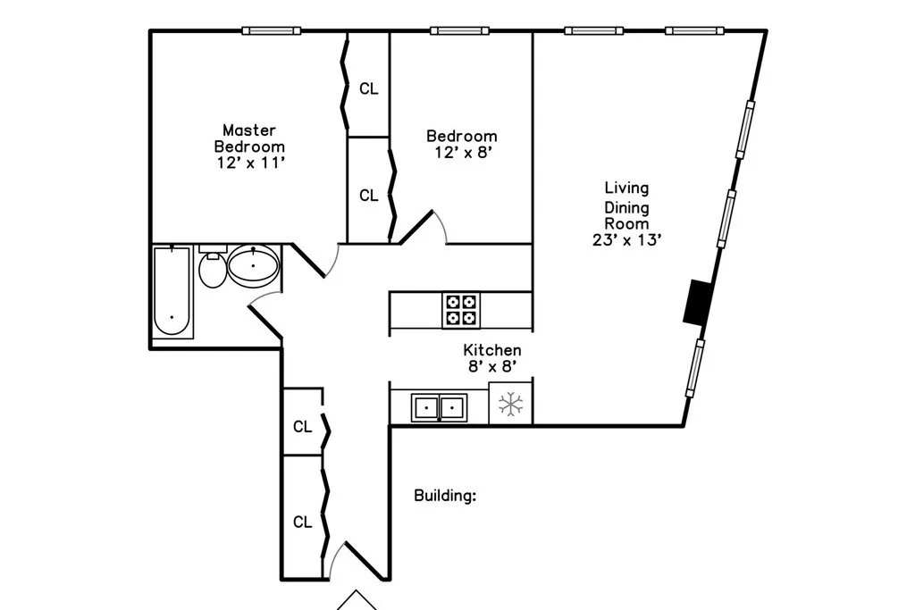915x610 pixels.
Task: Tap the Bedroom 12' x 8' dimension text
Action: click(461, 152)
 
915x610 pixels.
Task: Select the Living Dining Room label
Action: click(626, 205)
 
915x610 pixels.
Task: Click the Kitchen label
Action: click(491, 350)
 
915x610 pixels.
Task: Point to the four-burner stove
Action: click(460, 310)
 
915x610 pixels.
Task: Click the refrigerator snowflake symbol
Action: click(510, 405)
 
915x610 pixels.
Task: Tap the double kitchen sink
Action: click(439, 408)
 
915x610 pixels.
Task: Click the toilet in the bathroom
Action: click(213, 269)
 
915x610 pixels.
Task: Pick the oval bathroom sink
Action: click(254, 265)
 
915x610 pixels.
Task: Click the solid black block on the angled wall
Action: click(696, 302)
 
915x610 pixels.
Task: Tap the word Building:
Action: click(444, 496)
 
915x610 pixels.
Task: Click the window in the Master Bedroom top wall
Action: click(271, 31)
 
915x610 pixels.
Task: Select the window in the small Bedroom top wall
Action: click(459, 31)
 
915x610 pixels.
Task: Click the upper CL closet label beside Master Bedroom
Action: click(368, 88)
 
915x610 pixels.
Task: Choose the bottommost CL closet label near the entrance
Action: click(303, 522)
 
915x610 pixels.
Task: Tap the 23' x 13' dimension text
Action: click(625, 239)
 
